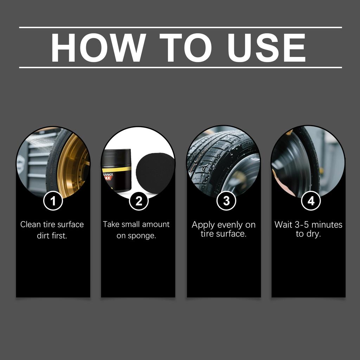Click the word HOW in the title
pyautogui.click(x=98, y=47)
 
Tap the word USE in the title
pyautogui.click(x=266, y=47)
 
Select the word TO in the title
pyautogui.click(x=186, y=47)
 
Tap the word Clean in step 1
pyautogui.click(x=31, y=224)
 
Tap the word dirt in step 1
pyautogui.click(x=43, y=236)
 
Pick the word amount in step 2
pyautogui.click(x=156, y=224)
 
